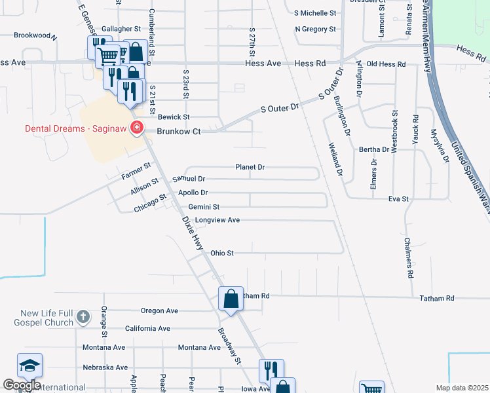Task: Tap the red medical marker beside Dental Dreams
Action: pos(138,128)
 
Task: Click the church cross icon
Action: pos(83,317)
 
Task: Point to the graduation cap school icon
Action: pos(29,365)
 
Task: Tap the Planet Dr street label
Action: pos(250,168)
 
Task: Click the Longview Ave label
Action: pos(217,220)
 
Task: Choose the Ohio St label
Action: pos(222,253)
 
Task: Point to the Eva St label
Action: pos(398,198)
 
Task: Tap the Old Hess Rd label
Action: pos(386,64)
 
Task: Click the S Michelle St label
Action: pos(315,13)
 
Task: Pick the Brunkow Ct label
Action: pos(178,132)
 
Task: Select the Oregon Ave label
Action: pos(159,311)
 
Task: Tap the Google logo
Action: pos(22,385)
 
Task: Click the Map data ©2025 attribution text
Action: pos(462,388)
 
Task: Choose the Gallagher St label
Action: pos(121,29)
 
